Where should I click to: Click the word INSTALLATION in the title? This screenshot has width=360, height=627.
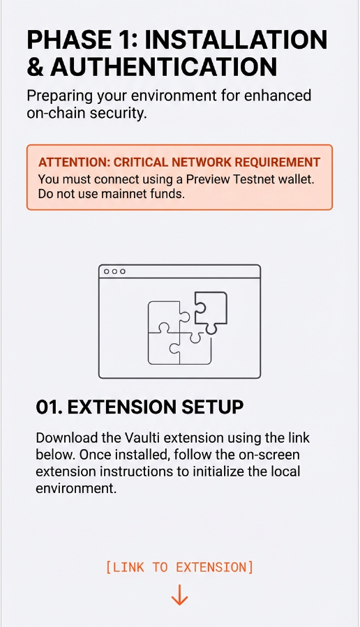(x=235, y=39)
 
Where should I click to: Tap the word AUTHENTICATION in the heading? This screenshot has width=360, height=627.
(x=163, y=66)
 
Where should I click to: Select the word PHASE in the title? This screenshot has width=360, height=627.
(x=67, y=39)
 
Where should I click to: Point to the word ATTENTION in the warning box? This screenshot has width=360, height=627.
(x=74, y=163)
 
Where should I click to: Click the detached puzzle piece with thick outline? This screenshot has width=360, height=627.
(x=211, y=310)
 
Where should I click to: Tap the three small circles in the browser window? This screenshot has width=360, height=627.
(x=114, y=271)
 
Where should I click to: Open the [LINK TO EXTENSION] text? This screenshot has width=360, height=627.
(x=179, y=567)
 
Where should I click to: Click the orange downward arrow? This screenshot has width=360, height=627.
(x=179, y=595)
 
